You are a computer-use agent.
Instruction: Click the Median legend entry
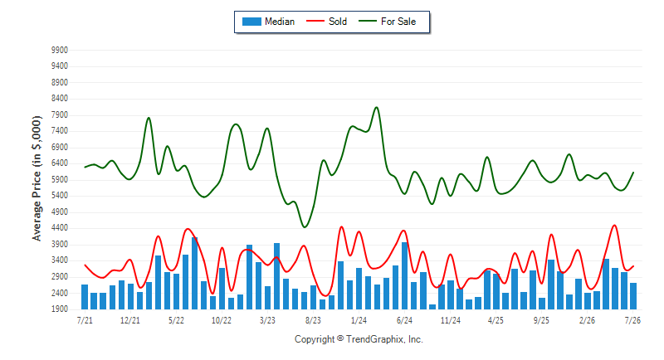click(268, 22)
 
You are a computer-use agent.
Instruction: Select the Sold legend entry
click(326, 22)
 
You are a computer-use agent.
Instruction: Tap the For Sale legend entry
click(388, 22)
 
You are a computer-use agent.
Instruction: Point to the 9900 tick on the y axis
click(60, 51)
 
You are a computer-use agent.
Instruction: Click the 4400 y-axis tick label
click(60, 228)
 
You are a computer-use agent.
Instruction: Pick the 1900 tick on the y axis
click(60, 309)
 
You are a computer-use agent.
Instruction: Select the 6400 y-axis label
click(60, 163)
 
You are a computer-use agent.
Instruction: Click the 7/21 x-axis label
click(85, 320)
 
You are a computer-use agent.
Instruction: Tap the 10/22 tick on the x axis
click(222, 320)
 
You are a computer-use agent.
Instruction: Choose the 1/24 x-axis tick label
click(359, 320)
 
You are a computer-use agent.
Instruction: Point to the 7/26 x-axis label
click(632, 320)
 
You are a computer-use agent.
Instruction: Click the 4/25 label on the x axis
click(496, 320)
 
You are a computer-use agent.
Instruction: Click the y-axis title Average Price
click(37, 178)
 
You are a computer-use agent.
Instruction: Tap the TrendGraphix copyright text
click(359, 339)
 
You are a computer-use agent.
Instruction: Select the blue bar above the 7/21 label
click(85, 297)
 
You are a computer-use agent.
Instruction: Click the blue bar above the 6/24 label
click(404, 276)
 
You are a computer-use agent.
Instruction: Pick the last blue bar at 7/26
click(633, 296)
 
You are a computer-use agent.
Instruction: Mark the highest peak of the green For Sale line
click(377, 108)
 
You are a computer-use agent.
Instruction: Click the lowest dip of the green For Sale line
click(305, 227)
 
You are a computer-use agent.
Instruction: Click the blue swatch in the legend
click(251, 22)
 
